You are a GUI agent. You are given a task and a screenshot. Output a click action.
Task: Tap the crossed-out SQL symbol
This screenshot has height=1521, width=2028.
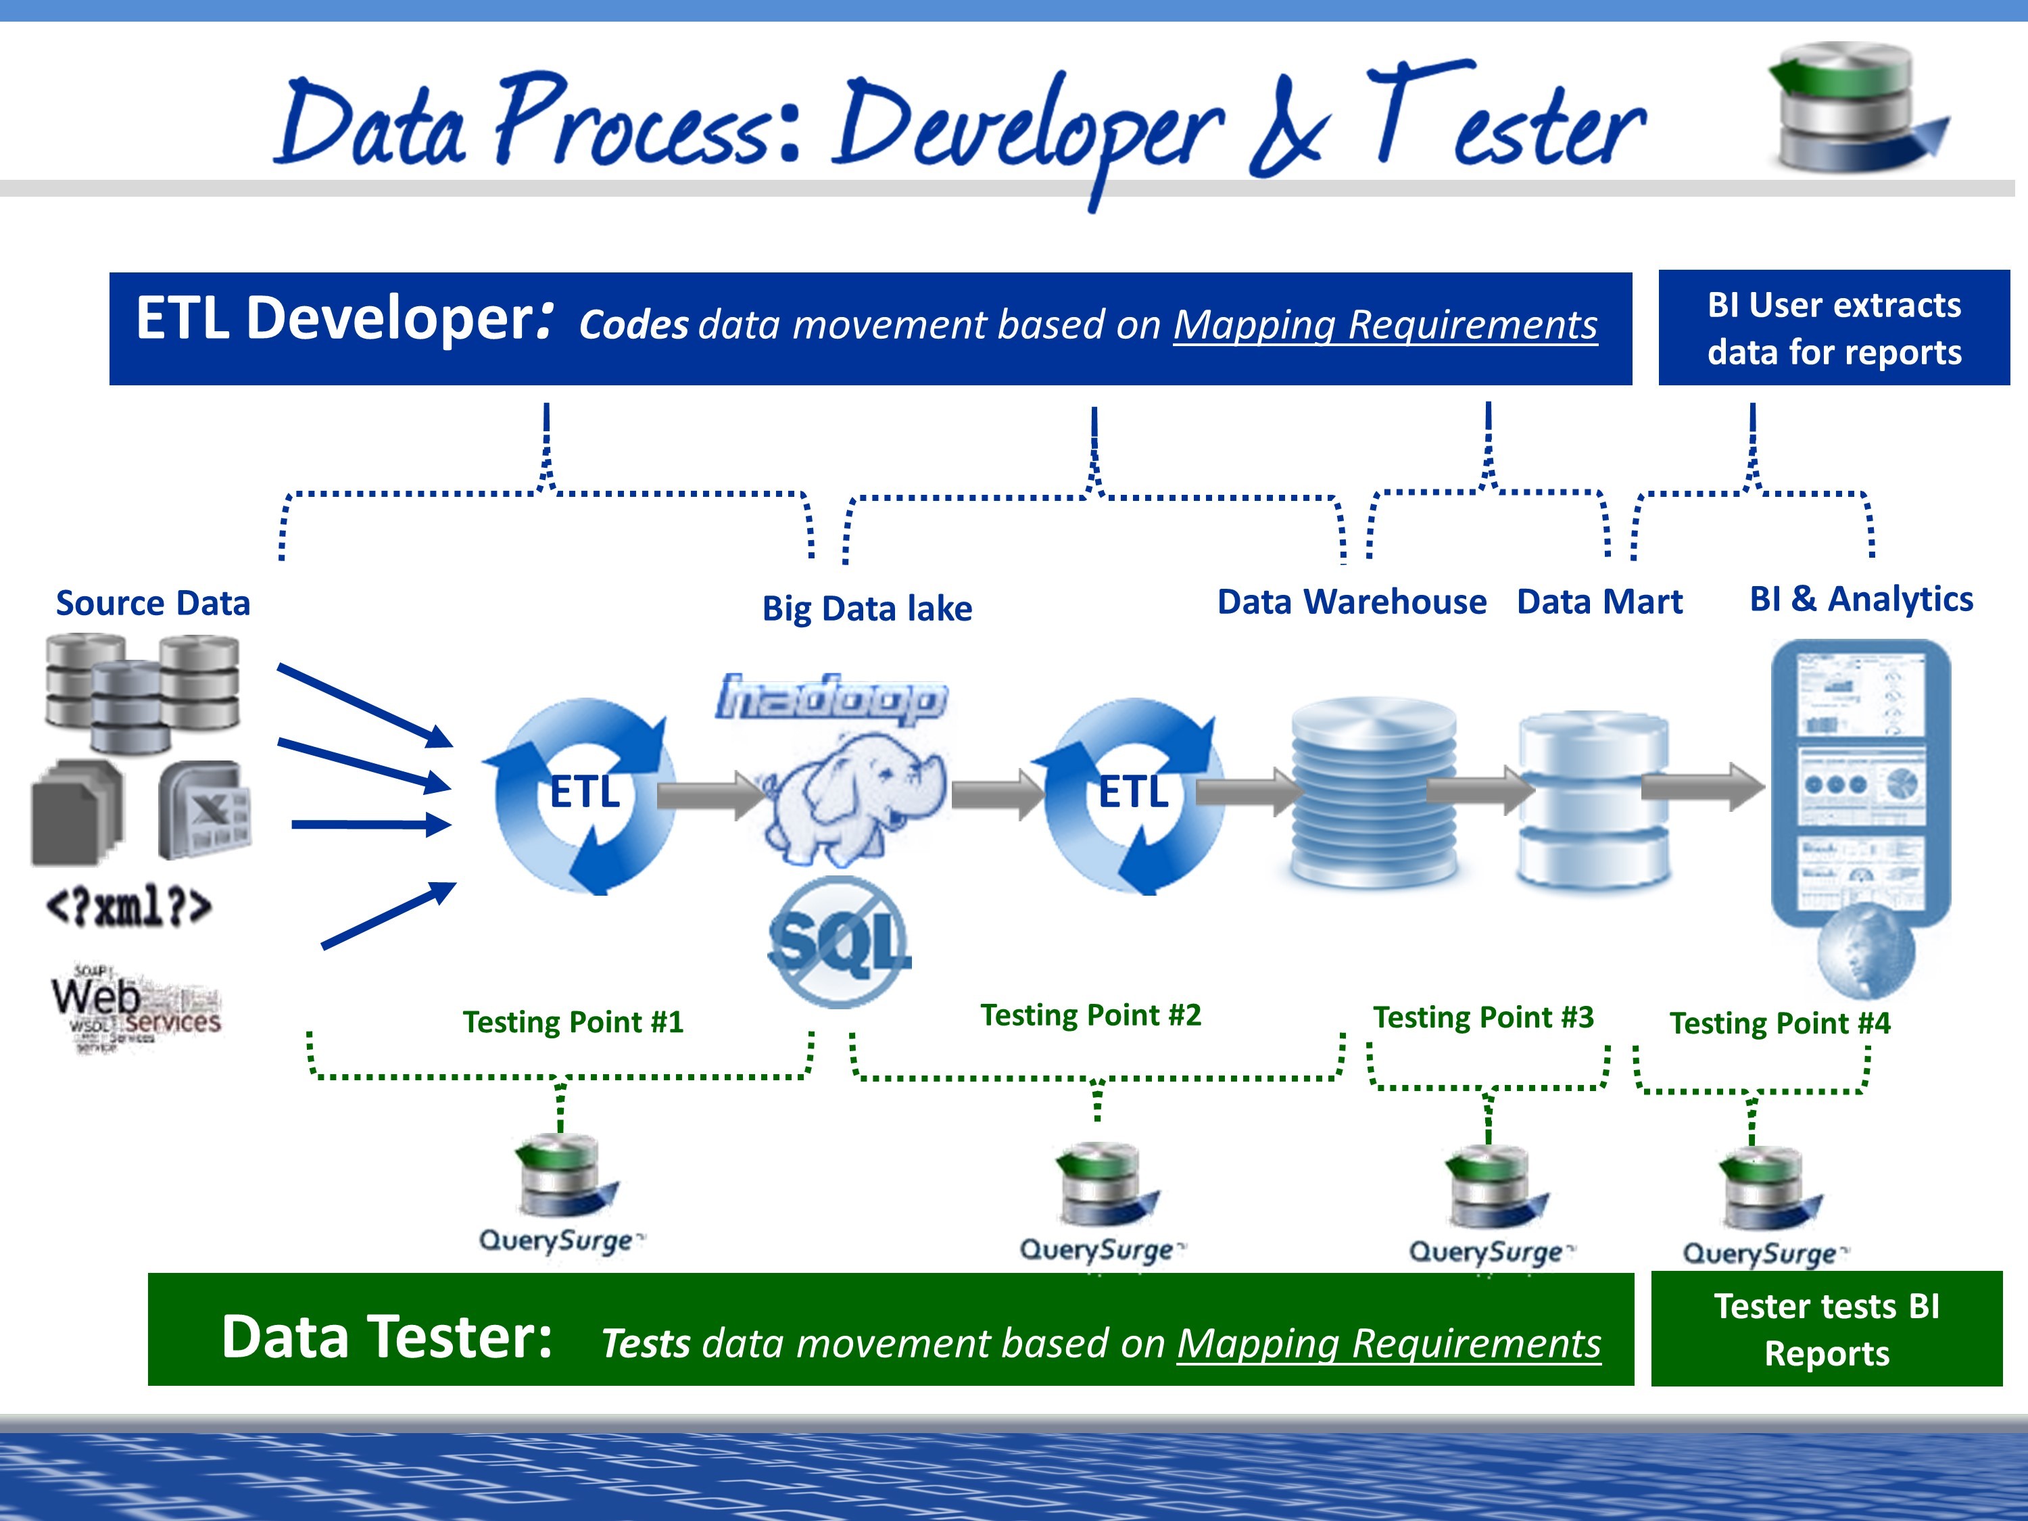point(838,942)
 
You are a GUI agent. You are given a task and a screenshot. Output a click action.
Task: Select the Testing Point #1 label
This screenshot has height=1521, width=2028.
point(573,1022)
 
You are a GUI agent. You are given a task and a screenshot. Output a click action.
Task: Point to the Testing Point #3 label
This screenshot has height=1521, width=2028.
point(1482,1017)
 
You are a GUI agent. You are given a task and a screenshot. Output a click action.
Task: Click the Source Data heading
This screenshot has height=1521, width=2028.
point(153,603)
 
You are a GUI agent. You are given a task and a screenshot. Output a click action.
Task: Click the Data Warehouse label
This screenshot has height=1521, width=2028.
point(1351,602)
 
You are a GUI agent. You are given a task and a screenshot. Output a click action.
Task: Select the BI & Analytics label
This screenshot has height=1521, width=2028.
point(1860,599)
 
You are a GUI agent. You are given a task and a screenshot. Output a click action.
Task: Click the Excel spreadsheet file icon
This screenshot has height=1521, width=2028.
point(204,810)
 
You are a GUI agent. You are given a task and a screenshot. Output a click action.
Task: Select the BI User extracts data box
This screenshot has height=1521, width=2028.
point(1833,329)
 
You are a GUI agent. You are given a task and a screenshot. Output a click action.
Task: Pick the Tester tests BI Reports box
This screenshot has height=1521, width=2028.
point(1827,1330)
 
